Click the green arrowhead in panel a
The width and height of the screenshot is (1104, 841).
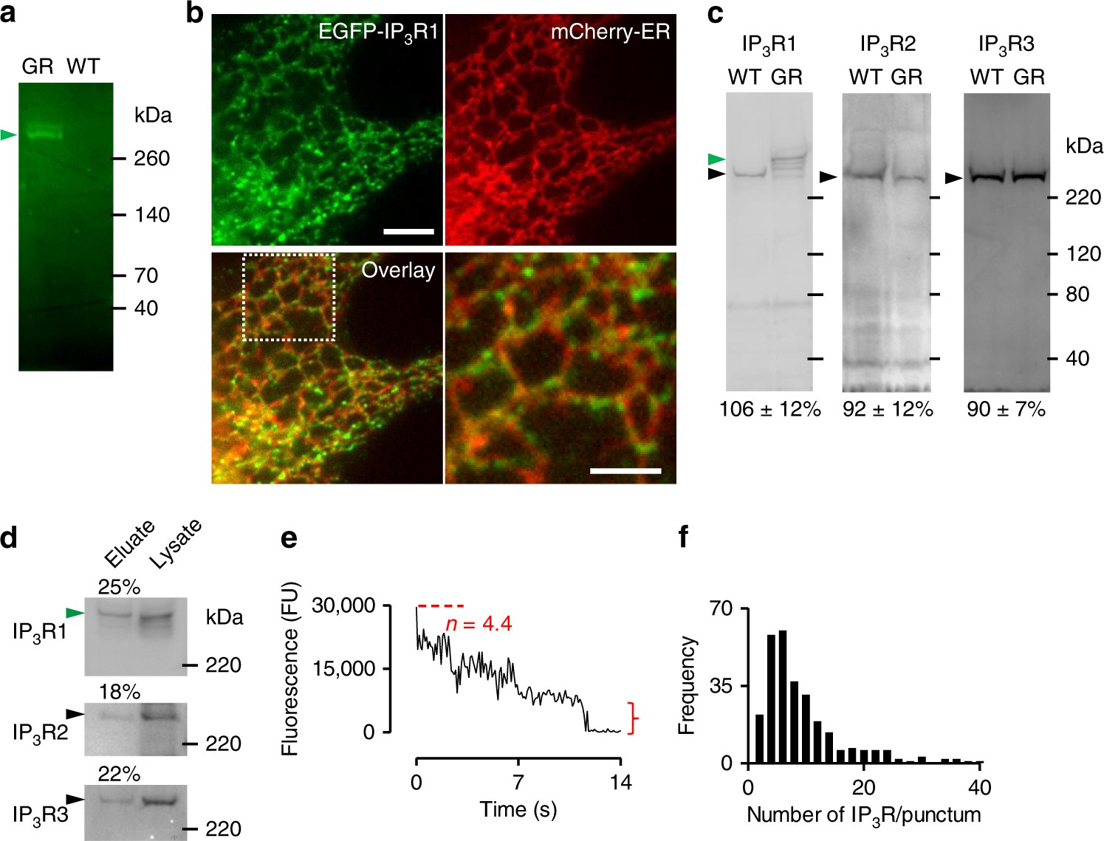[x=8, y=134]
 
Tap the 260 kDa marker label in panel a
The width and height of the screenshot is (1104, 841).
[x=151, y=158]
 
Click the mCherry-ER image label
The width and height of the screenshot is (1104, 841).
[x=610, y=32]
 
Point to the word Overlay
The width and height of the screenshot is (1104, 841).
[x=398, y=270]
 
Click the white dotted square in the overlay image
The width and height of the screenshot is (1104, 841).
[x=289, y=298]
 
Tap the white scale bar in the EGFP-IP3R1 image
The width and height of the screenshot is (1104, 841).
[x=408, y=232]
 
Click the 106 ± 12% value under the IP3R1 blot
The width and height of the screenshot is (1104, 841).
[x=770, y=409]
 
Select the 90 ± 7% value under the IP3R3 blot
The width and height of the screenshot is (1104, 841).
[x=1006, y=409]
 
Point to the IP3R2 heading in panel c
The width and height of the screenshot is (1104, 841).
[x=887, y=45]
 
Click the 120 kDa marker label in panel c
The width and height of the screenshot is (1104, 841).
[x=1083, y=254]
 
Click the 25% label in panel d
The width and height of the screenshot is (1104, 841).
[x=119, y=587]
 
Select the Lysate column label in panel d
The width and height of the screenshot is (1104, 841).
[x=175, y=544]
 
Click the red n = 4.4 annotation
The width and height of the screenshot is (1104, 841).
[x=479, y=625]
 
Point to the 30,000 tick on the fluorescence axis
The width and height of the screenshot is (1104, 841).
[x=344, y=606]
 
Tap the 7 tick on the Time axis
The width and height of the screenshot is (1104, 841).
[x=518, y=782]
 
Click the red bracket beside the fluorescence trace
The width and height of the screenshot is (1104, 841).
[x=633, y=718]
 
